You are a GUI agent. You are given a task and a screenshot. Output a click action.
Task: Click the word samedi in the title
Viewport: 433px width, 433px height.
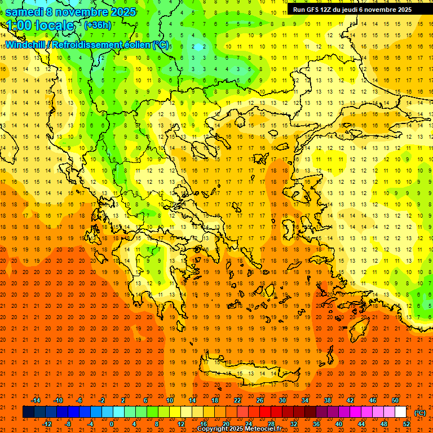click(25, 12)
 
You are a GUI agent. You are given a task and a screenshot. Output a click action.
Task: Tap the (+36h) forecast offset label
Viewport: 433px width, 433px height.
click(98, 25)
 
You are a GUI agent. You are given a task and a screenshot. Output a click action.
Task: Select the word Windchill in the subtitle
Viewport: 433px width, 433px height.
click(25, 45)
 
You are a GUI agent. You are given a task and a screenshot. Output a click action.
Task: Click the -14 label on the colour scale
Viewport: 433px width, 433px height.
click(36, 400)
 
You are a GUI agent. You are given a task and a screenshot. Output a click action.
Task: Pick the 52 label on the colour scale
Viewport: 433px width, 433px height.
click(406, 423)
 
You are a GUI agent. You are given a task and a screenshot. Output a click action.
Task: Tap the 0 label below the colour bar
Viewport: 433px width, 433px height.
click(112, 423)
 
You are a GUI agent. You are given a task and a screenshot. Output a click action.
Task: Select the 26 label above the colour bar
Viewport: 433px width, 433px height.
click(260, 400)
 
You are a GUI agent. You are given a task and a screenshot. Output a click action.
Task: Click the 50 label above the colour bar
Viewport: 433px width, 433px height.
click(395, 400)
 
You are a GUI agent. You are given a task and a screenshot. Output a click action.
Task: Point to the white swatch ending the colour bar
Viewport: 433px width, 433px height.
click(400, 412)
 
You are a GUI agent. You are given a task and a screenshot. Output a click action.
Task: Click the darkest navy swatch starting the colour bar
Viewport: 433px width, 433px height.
click(28, 412)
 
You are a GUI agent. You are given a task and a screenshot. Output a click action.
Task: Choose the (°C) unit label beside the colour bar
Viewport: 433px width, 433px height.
click(420, 412)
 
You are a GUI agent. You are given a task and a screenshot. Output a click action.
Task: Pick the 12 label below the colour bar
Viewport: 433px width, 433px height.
click(181, 423)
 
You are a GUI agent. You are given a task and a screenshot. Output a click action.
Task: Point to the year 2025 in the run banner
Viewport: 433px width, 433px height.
click(402, 10)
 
